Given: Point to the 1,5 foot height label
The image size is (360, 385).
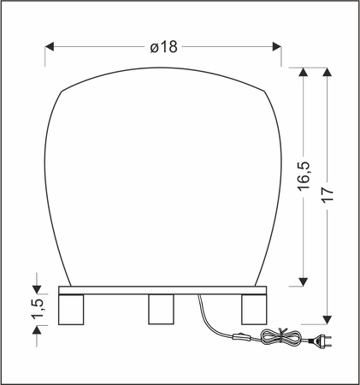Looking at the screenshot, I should pos(37,314).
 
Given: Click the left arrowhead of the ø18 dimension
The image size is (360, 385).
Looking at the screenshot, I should pos(49,46).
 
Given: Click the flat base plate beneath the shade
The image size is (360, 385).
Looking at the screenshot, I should pos(162,290).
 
